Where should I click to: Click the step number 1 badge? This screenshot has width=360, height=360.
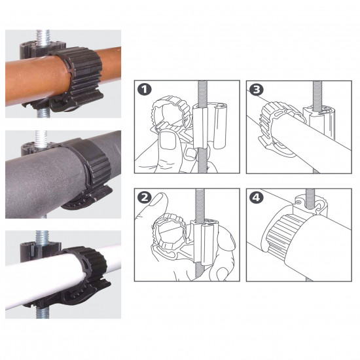(x=145, y=89)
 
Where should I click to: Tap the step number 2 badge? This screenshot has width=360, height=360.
(x=145, y=198)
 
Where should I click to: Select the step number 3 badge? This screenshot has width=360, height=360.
(x=257, y=90)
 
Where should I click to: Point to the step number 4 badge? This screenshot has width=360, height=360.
(x=257, y=198)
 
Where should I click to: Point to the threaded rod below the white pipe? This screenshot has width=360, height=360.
(x=43, y=313)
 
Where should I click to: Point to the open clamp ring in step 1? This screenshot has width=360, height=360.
(x=171, y=114)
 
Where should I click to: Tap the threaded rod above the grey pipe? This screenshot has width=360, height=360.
(x=41, y=137)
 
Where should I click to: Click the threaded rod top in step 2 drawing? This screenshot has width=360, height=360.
(x=200, y=205)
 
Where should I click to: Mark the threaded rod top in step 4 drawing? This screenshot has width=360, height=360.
(x=310, y=199)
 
